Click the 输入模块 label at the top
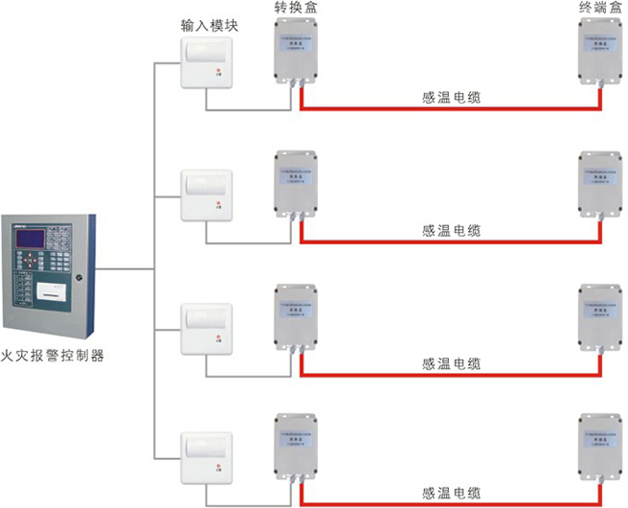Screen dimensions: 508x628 click(x=209, y=27)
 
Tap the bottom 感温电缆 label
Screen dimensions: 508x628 click(x=451, y=493)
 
